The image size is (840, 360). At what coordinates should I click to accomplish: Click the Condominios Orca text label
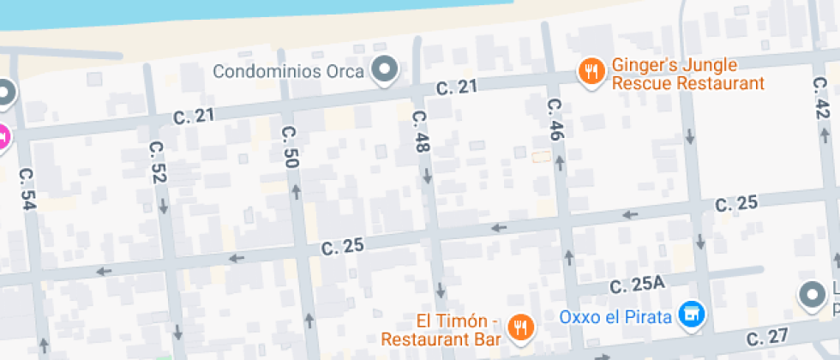click(x=289, y=71)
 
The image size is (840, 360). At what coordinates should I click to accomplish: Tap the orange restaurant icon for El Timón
click(x=520, y=327)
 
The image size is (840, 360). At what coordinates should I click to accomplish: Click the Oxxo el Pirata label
click(x=615, y=317)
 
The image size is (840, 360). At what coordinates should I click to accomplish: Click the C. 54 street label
click(x=27, y=188)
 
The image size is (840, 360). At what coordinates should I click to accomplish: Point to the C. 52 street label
click(x=158, y=161)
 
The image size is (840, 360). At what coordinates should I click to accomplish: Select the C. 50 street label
click(x=290, y=146)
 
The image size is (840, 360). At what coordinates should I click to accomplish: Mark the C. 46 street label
click(x=555, y=119)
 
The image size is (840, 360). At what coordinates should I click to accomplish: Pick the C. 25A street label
click(x=637, y=284)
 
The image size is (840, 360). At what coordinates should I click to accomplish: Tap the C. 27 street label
click(x=766, y=337)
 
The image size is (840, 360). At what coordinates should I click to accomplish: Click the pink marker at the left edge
click(x=3, y=136)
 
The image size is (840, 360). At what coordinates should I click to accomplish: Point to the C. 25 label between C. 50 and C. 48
click(x=343, y=247)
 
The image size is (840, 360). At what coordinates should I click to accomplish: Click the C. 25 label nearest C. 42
click(x=736, y=203)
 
